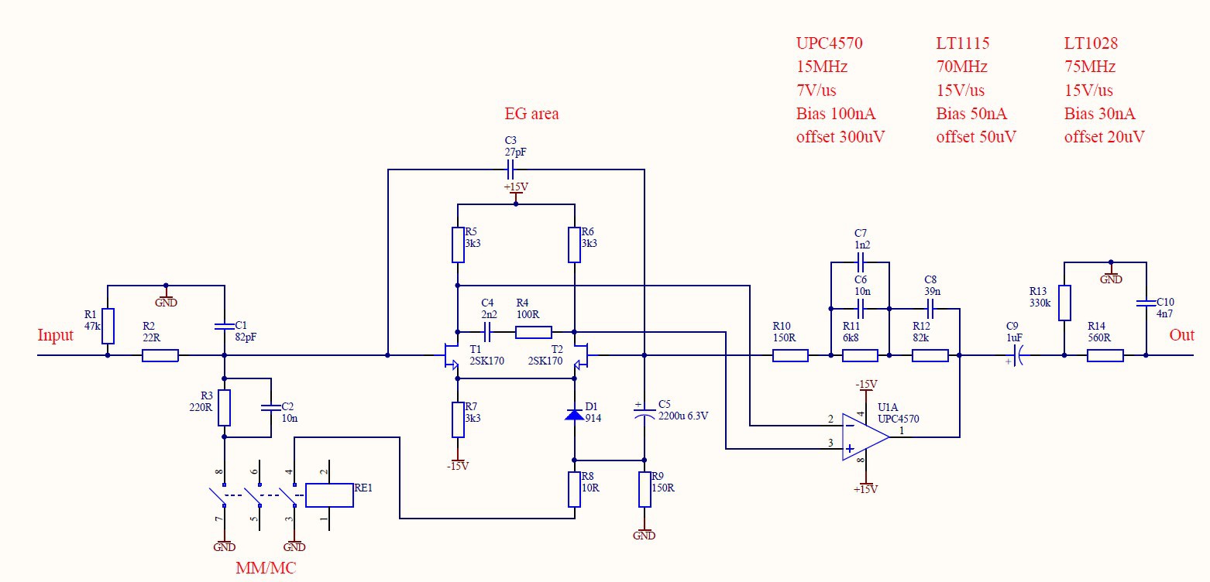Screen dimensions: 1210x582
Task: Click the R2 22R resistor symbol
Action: click(160, 355)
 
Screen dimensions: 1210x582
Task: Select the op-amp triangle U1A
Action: click(865, 436)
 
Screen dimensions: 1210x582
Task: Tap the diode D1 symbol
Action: click(574, 414)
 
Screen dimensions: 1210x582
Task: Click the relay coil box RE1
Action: click(329, 495)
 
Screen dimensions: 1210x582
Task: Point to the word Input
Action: click(55, 335)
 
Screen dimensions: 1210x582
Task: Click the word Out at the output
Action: click(1181, 335)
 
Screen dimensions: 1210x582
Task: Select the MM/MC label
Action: click(266, 568)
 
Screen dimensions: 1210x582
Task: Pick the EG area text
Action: click(531, 113)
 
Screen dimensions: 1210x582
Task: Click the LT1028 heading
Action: click(1091, 43)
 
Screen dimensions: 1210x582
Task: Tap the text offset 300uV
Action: click(840, 136)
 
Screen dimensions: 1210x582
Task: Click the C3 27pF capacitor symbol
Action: click(510, 169)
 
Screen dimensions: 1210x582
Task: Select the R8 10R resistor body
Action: click(574, 490)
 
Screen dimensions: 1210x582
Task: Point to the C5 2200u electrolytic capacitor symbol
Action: click(644, 414)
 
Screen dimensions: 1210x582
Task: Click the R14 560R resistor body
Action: click(1105, 355)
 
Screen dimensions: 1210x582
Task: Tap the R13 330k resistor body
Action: click(1064, 303)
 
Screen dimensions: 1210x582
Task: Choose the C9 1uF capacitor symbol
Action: click(1016, 355)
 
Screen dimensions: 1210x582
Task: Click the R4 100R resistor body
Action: click(533, 332)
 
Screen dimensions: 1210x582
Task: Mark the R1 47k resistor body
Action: click(108, 326)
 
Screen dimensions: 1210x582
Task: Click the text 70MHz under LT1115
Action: click(961, 67)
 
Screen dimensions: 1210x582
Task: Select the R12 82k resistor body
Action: click(930, 355)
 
